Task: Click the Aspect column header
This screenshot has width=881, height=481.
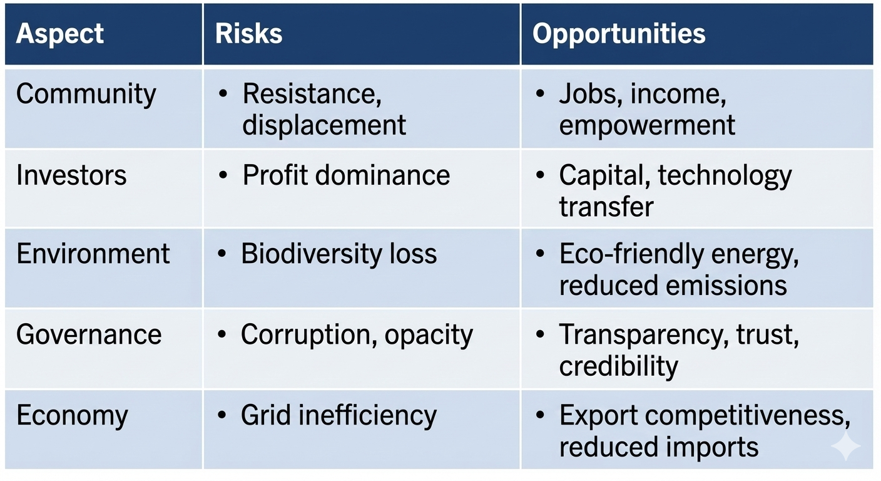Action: pos(60,34)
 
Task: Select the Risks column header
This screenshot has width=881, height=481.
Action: pos(248,34)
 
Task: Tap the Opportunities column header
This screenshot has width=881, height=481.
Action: pos(619,34)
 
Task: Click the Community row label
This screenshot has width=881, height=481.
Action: pos(86,95)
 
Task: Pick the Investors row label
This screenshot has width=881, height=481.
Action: pos(71,175)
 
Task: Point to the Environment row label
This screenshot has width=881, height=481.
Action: pos(93,254)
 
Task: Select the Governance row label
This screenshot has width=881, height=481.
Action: pos(89,334)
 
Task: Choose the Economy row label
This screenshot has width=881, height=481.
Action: pos(72,416)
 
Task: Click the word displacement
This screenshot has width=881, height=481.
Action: pos(324,125)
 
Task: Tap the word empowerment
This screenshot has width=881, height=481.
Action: pos(647,125)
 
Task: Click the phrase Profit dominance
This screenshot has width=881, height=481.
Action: pos(346,175)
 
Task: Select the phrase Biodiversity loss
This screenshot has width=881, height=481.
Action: pos(339,254)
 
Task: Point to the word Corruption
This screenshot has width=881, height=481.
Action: pos(307,335)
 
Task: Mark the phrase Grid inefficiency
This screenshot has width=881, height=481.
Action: pos(339,416)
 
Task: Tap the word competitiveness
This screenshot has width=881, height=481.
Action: pos(753,416)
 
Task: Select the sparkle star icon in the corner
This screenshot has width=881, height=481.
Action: pos(845,445)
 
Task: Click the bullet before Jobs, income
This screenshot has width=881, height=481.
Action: pos(541,95)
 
